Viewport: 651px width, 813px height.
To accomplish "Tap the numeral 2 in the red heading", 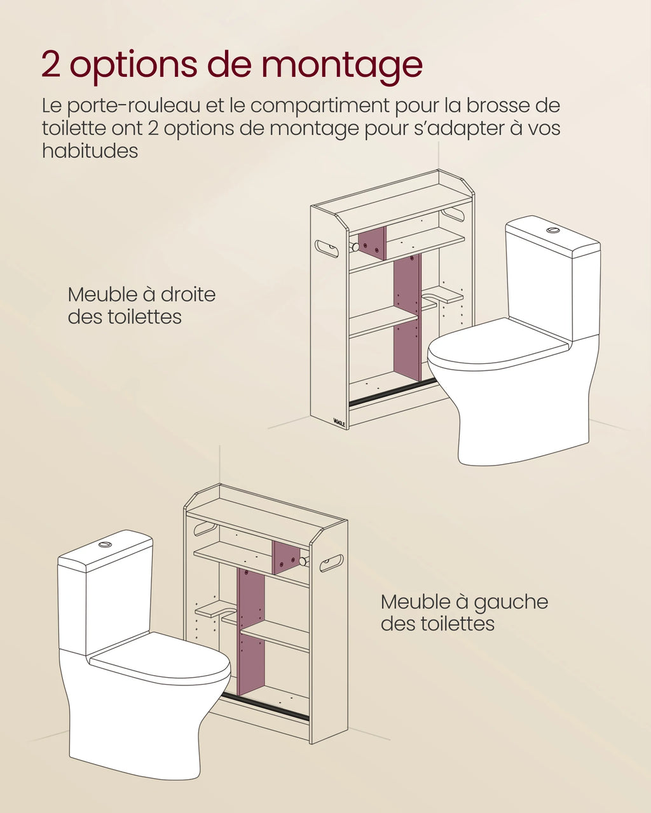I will pyautogui.click(x=51, y=65).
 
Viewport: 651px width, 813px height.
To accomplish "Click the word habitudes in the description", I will pyautogui.click(x=90, y=151).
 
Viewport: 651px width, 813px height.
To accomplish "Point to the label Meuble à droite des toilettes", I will pyautogui.click(x=141, y=306).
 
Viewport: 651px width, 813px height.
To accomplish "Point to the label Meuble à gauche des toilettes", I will pyautogui.click(x=464, y=612).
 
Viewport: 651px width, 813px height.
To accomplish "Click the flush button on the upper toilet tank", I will pyautogui.click(x=553, y=229).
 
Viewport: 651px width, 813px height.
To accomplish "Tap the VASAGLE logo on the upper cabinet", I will pyautogui.click(x=341, y=422).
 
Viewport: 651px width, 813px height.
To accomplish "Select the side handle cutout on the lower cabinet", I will pyautogui.click(x=331, y=563).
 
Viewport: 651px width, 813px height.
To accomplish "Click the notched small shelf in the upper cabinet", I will pyautogui.click(x=443, y=294).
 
